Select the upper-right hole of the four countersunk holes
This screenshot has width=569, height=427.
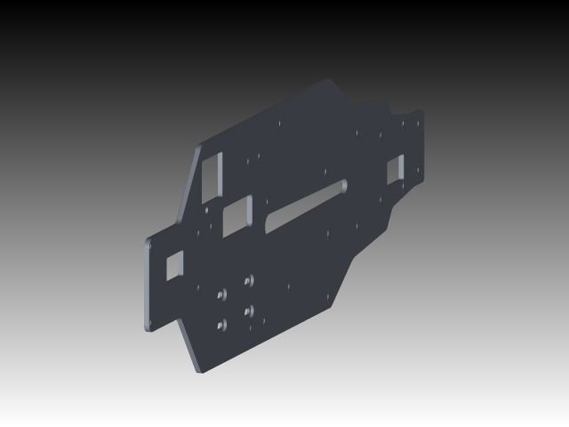click(249, 278)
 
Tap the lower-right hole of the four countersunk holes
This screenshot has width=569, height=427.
click(248, 310)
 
